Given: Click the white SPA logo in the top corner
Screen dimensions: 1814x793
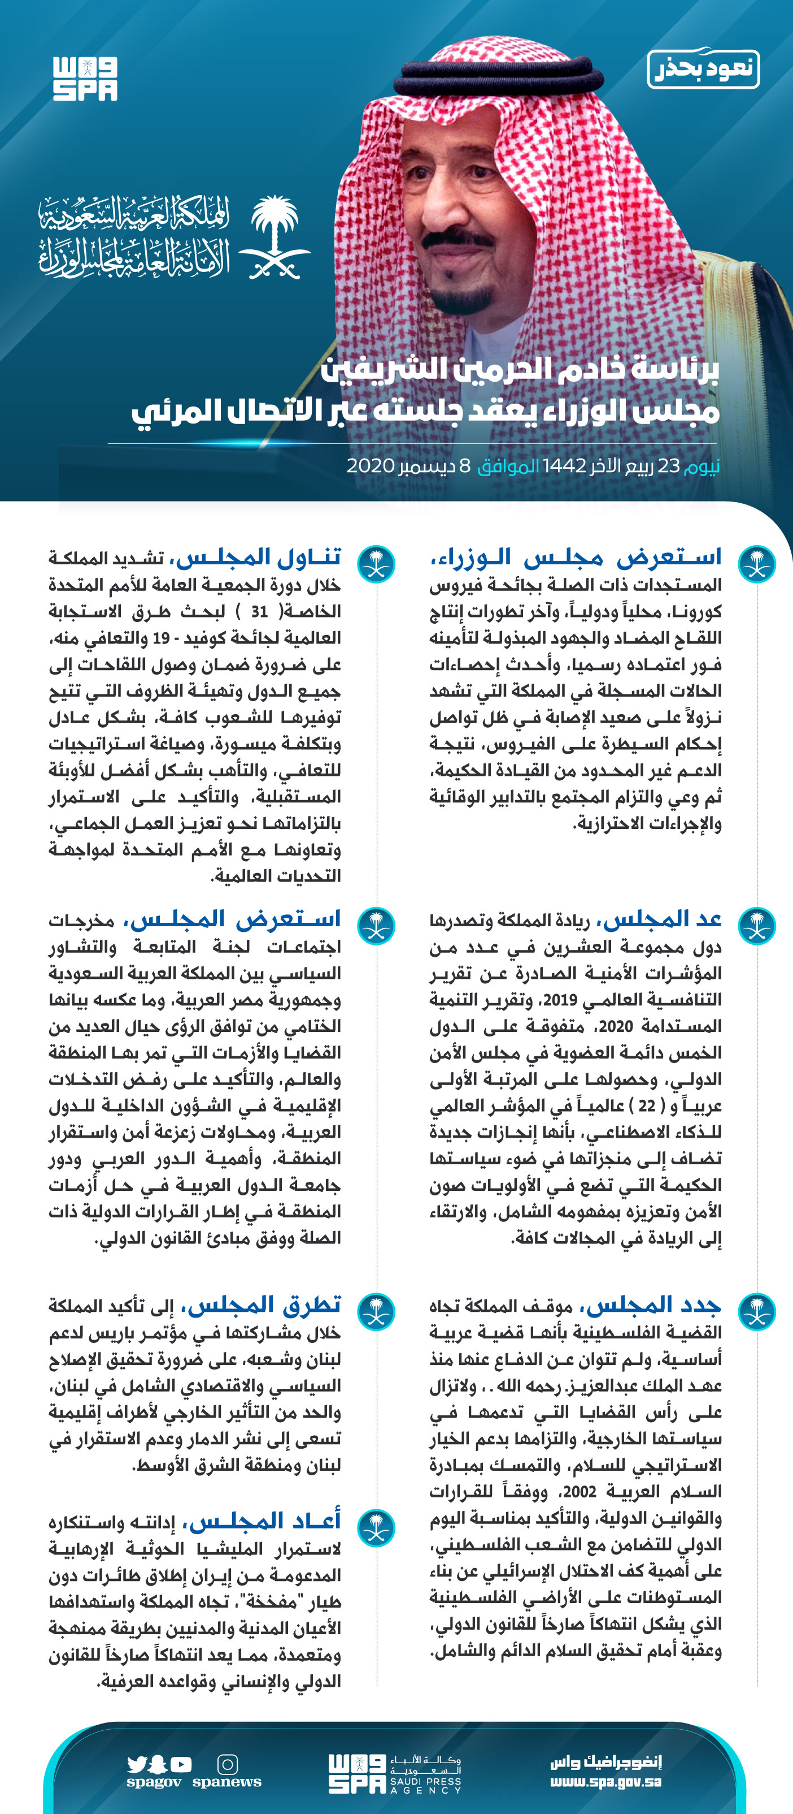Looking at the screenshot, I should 85,79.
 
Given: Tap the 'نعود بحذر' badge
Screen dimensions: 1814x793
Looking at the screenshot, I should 703,69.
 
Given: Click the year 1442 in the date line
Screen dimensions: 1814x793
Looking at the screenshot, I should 564,466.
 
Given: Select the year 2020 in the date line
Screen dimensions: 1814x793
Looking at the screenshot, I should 370,466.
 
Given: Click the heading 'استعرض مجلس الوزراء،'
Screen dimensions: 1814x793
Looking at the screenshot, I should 576,557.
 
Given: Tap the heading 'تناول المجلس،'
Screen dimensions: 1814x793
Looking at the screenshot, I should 259,557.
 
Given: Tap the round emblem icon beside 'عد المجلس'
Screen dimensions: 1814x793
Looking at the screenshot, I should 757,925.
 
